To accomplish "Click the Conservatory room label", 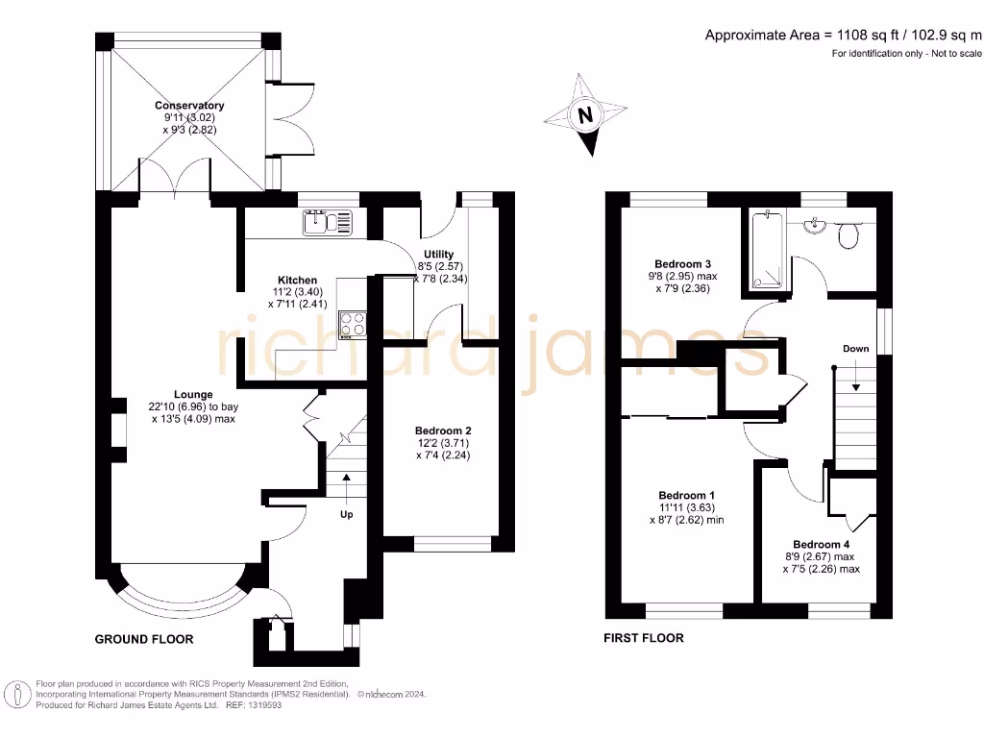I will coord(189,106).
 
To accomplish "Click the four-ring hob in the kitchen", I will coord(353,324).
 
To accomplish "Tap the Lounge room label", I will coord(193,394).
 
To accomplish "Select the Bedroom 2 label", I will coord(443,430).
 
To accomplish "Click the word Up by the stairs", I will coord(347,514).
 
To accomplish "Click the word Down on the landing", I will coord(855,348).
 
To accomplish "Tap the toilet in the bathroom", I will coord(848,234).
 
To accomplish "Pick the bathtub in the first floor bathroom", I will coord(768,251).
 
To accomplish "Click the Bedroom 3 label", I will coord(682,263).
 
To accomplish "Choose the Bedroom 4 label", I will coord(821,543).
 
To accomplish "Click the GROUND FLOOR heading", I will coord(144,639).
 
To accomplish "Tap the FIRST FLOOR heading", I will coord(644,638).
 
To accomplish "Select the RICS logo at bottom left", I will coord(15,692).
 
